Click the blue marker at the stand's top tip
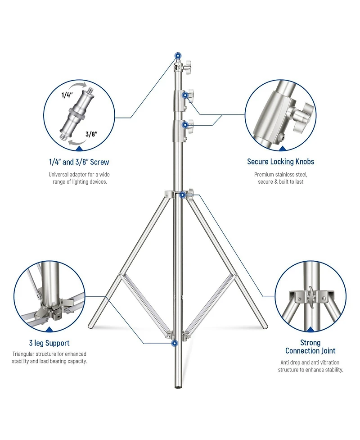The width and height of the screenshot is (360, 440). click(177, 55)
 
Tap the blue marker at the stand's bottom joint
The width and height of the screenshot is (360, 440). click(175, 343)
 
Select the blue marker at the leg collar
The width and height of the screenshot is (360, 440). click(183, 195)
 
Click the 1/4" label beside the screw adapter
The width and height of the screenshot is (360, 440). click(67, 95)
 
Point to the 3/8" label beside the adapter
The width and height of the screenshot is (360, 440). click(91, 134)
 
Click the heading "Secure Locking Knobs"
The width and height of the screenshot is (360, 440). click(281, 162)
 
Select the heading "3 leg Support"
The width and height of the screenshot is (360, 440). click(49, 343)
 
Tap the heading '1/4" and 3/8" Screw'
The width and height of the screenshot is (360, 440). click(79, 162)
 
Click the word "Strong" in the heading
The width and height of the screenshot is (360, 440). click(310, 343)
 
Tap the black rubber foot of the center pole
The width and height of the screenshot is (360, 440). click(177, 387)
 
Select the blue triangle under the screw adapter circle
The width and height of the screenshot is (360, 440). click(79, 149)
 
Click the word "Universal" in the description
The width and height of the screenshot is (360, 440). click(58, 175)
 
